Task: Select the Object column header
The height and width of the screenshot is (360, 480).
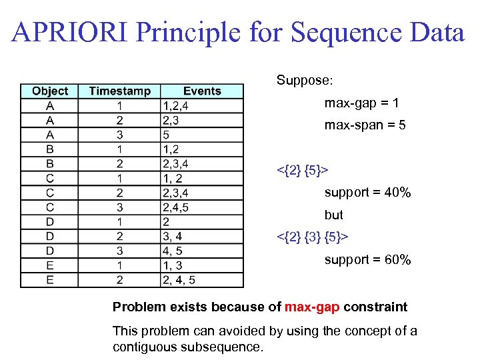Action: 50,91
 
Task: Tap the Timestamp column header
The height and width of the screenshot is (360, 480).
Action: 119,91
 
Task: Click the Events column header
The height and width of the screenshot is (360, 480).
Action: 201,91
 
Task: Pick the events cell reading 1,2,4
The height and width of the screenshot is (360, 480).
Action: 175,106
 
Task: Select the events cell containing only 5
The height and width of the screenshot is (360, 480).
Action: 166,135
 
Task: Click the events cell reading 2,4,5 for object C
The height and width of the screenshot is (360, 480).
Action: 175,207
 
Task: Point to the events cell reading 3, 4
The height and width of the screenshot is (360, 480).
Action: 172,236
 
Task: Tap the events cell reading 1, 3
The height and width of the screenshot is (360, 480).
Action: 172,265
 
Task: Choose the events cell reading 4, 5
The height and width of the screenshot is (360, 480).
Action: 172,251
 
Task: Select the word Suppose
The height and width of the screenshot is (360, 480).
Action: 304,80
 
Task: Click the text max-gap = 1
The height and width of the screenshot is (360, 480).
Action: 361,103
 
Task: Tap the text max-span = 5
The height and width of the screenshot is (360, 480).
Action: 365,125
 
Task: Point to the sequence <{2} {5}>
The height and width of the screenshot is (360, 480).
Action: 303,170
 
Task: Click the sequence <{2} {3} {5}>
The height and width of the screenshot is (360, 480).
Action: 312,237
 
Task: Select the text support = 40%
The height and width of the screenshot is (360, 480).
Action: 367,193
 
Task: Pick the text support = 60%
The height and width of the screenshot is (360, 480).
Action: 367,259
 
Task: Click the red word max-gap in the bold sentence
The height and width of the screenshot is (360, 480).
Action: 312,307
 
